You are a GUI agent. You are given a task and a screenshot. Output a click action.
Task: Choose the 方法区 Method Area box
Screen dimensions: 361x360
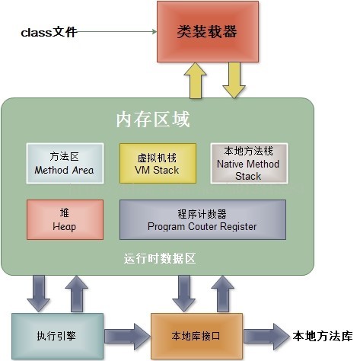pos(64,162)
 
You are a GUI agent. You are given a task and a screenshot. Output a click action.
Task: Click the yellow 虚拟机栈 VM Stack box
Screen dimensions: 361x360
pos(158,162)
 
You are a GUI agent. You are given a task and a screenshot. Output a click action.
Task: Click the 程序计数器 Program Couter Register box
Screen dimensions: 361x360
pos(202,219)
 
